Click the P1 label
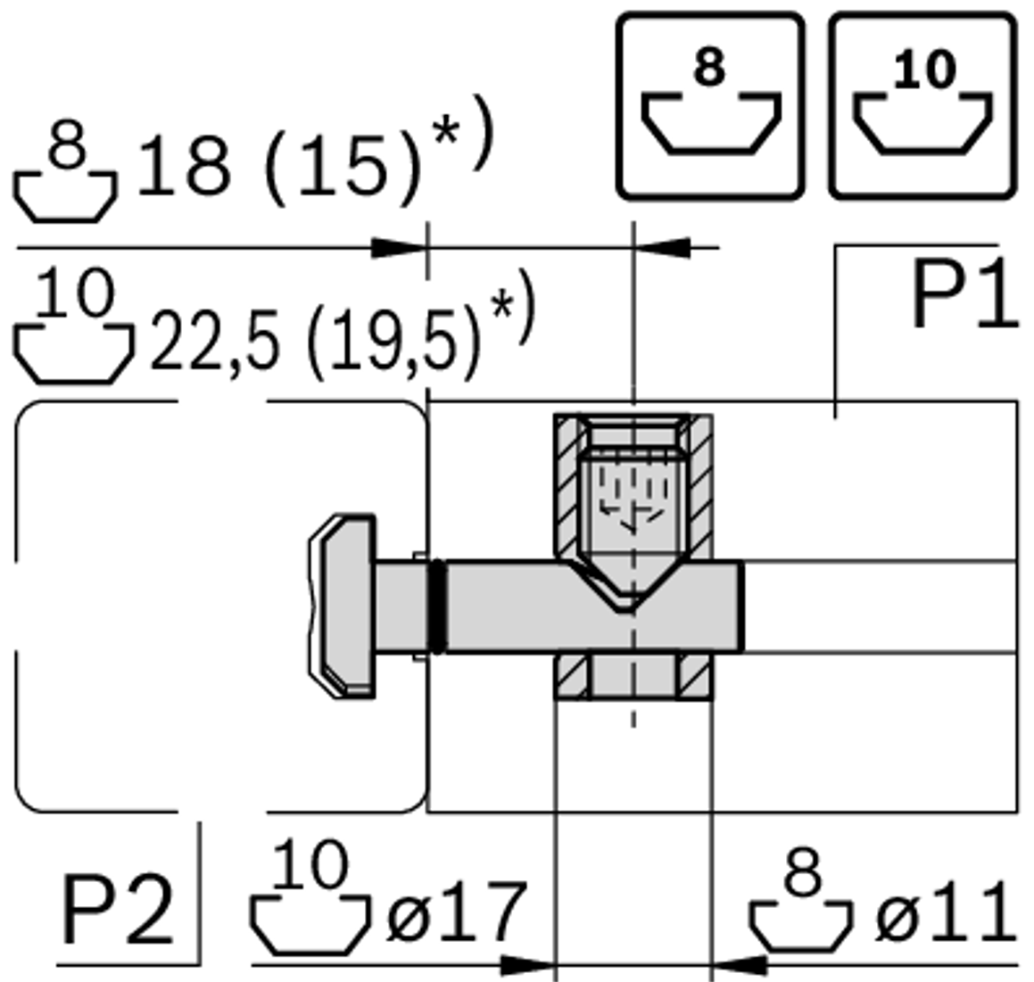(x=964, y=295)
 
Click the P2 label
(x=117, y=911)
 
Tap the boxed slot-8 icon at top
(x=710, y=105)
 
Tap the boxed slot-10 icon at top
(x=922, y=105)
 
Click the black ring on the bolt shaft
(x=437, y=606)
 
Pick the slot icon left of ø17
(x=310, y=902)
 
